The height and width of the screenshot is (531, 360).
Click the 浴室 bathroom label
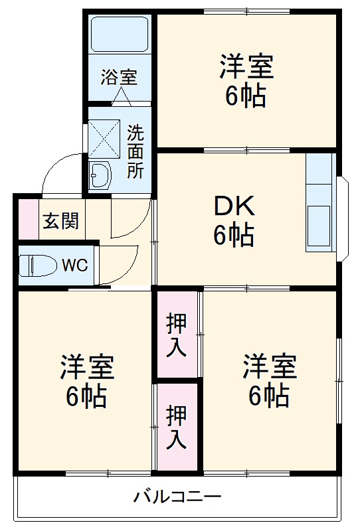coord(120,77)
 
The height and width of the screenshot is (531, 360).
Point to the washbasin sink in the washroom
coord(102,175)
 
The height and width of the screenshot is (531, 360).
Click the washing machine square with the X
coord(104,138)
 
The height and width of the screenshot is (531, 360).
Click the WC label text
coord(74,265)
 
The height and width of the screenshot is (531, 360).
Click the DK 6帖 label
coord(233,222)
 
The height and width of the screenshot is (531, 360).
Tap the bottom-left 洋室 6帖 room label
coord(87,382)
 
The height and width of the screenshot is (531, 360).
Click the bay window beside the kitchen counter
coord(341,218)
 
